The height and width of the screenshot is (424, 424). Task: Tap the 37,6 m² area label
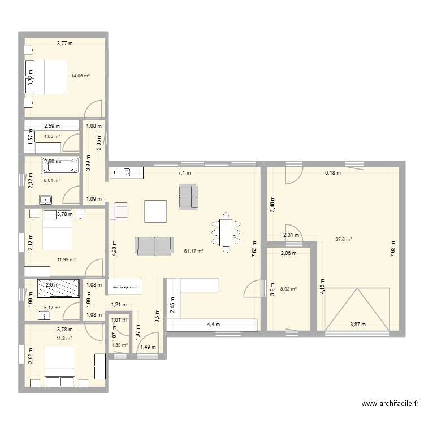click(x=343, y=239)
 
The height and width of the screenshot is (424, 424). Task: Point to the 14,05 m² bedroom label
click(x=81, y=76)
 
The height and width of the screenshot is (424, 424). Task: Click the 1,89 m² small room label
click(x=120, y=345)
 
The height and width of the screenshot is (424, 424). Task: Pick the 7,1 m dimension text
click(x=185, y=173)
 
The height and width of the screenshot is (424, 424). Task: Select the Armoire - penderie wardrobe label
click(x=127, y=287)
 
